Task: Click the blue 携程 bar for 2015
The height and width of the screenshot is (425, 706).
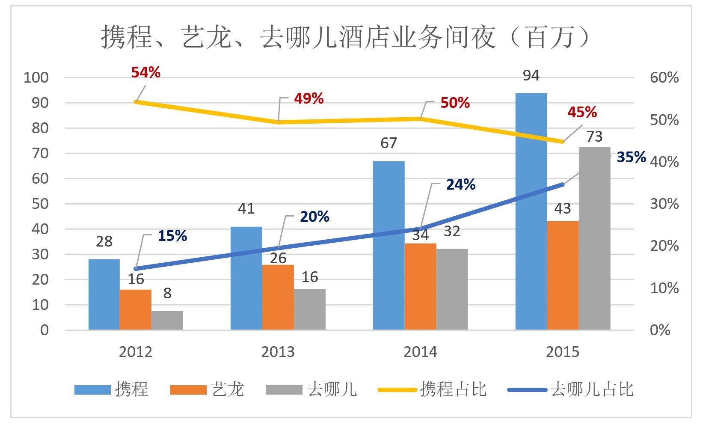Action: [x=531, y=211]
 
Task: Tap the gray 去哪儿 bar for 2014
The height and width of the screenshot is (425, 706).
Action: [x=452, y=289]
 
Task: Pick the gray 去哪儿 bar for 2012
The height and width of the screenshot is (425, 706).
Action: [x=167, y=320]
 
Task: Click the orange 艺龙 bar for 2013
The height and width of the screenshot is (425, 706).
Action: [x=278, y=297]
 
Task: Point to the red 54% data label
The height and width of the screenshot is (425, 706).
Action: [x=146, y=72]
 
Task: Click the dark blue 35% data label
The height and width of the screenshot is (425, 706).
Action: [x=631, y=157]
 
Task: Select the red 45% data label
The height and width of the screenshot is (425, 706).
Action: [x=582, y=112]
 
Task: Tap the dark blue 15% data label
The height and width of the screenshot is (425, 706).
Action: [x=172, y=236]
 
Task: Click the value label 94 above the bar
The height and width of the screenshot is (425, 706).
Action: [x=531, y=76]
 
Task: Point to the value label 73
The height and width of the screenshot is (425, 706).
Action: [x=594, y=137]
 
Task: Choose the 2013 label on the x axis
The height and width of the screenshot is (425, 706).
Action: [x=278, y=352]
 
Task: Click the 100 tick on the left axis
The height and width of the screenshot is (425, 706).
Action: [x=36, y=77]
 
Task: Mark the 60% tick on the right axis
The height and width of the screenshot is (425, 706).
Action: [x=664, y=77]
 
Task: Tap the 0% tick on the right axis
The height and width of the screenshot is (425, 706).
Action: [x=660, y=330]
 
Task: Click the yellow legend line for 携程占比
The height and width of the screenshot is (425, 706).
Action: [x=397, y=390]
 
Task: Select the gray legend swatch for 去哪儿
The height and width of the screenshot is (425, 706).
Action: [x=284, y=390]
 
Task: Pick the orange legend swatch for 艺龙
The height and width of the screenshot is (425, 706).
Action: [x=188, y=390]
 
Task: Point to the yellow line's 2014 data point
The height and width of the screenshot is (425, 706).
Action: [x=421, y=119]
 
